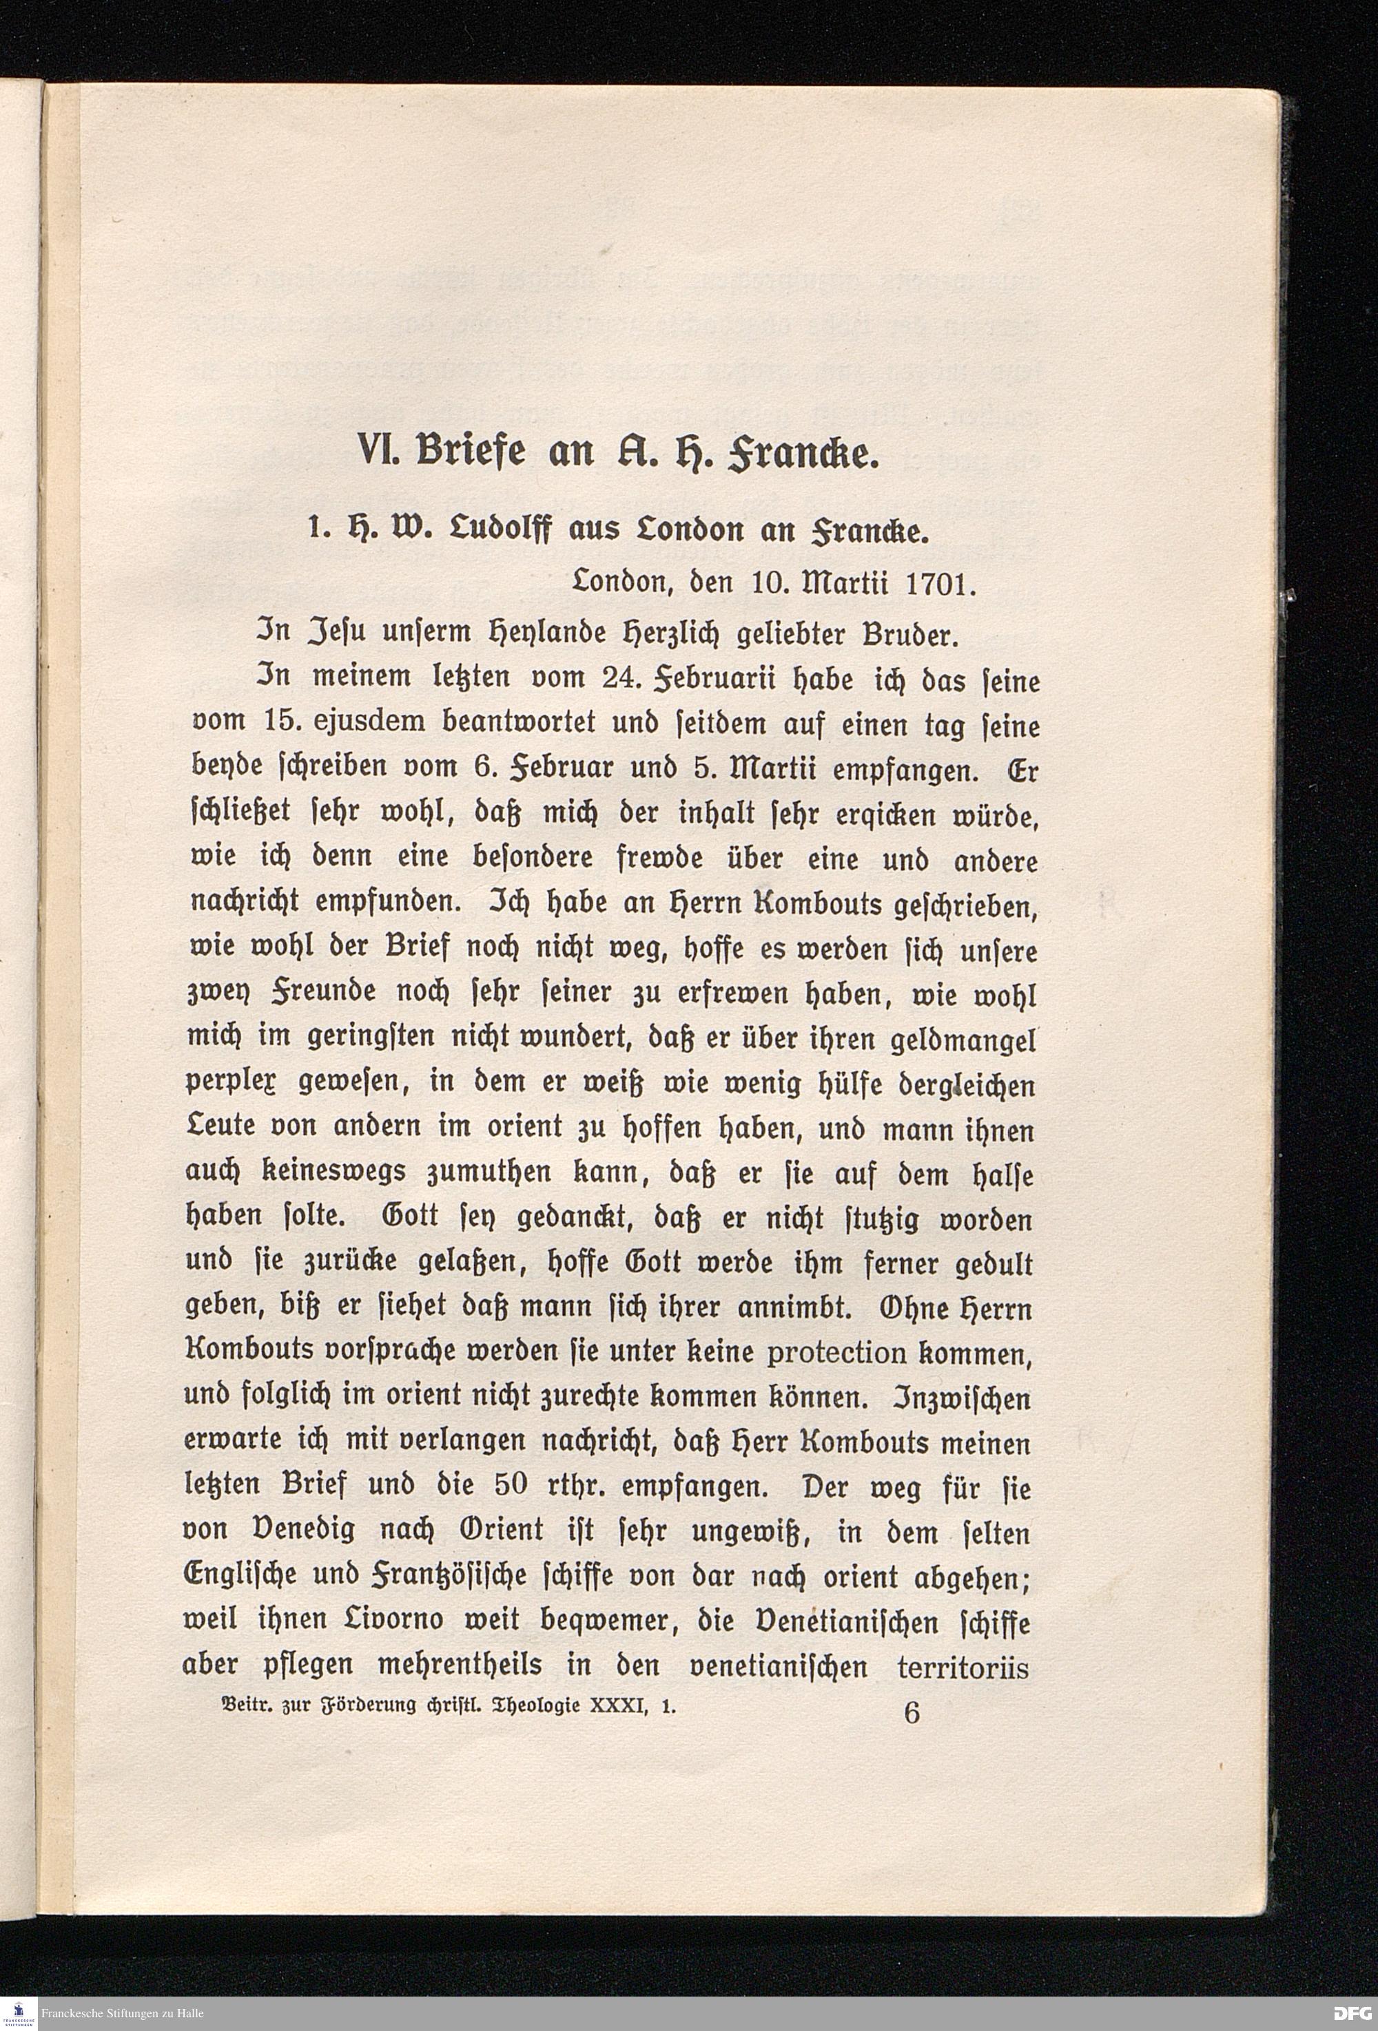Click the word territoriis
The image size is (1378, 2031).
[x=963, y=1667]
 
